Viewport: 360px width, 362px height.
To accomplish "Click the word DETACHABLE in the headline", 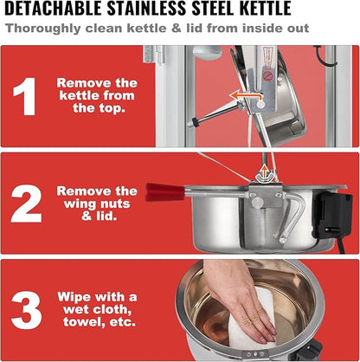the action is pyautogui.click(x=53, y=9).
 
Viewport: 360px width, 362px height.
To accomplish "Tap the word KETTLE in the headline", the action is pyautogui.click(x=266, y=9).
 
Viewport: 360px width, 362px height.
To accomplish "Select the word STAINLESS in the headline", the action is pyautogui.click(x=146, y=9).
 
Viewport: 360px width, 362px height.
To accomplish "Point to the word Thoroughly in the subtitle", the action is pyautogui.click(x=43, y=29).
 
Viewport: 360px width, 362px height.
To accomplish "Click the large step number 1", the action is pyautogui.click(x=25, y=96).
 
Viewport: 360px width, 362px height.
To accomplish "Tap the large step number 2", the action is pyautogui.click(x=26, y=204).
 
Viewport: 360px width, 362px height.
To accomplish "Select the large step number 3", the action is pyautogui.click(x=27, y=310).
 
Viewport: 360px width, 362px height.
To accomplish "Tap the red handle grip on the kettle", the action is pyautogui.click(x=164, y=191).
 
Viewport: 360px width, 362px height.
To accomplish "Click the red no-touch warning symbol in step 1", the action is pyautogui.click(x=267, y=76).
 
